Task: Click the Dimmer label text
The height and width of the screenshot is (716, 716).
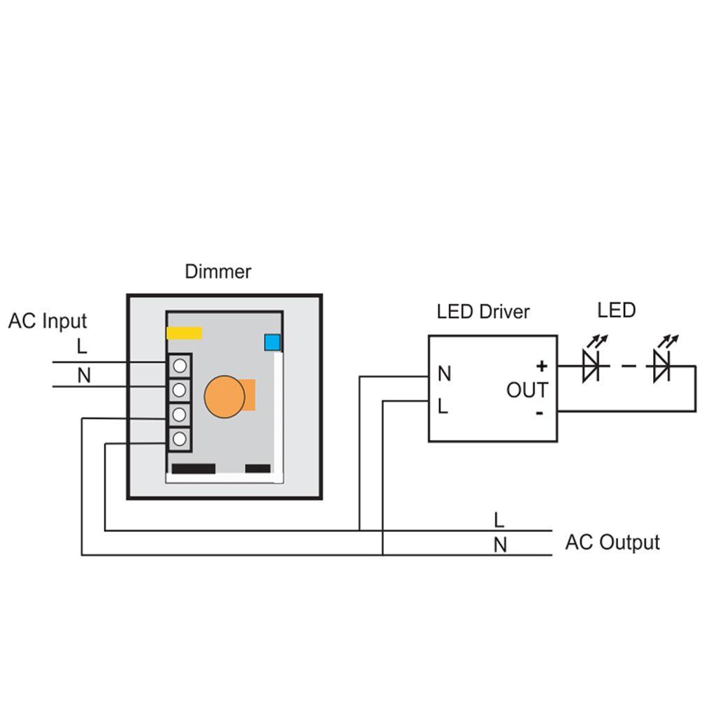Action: click(217, 271)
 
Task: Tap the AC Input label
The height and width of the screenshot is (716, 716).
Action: click(48, 321)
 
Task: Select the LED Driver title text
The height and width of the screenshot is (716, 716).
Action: click(483, 312)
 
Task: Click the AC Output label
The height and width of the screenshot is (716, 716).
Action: click(612, 543)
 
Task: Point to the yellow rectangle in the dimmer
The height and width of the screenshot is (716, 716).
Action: click(184, 333)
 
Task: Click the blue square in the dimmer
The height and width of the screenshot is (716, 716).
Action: click(272, 343)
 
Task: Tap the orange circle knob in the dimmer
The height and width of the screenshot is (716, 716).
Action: click(224, 396)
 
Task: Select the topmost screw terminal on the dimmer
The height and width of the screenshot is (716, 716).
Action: click(180, 365)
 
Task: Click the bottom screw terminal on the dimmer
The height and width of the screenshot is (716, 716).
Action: click(180, 438)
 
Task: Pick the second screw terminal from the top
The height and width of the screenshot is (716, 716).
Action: click(180, 389)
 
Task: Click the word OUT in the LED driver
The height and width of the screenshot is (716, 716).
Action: click(527, 390)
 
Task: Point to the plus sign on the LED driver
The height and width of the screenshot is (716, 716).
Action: click(541, 366)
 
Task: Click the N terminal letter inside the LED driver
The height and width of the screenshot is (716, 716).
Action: click(444, 374)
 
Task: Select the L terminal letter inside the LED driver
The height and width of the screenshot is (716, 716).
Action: click(443, 406)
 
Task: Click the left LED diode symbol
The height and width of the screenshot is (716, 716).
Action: click(591, 365)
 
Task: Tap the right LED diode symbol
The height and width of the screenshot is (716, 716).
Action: click(661, 365)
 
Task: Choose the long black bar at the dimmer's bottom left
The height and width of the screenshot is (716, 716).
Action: click(193, 468)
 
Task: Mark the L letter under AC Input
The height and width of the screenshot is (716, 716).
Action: click(82, 346)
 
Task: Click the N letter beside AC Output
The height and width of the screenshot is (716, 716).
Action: click(500, 545)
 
